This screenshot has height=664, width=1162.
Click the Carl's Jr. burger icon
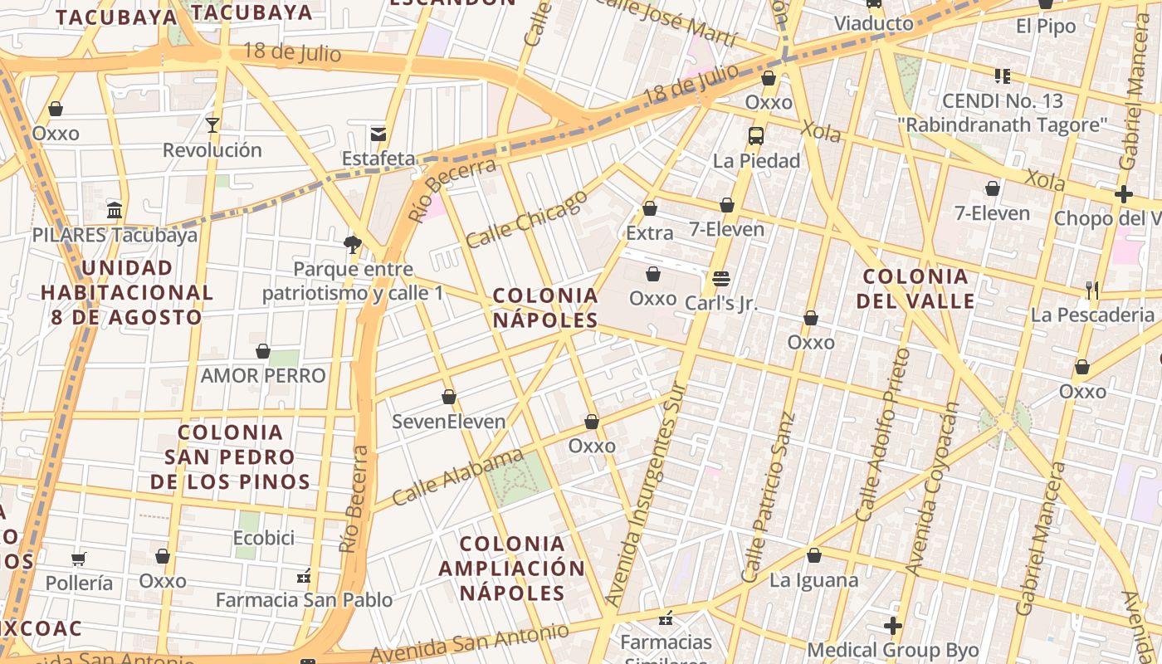[x=720, y=278]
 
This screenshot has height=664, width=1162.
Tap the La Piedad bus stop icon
[x=756, y=136]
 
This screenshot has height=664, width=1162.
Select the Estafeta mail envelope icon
[x=378, y=134]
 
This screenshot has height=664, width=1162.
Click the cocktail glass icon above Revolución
[x=212, y=125]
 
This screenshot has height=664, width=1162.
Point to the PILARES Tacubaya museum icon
[x=115, y=210]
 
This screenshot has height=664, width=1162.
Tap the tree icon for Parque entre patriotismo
[x=353, y=244]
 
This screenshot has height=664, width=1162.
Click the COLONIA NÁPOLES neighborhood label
[x=545, y=308]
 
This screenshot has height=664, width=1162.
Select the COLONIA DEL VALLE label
[x=915, y=288]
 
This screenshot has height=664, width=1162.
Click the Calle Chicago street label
[x=526, y=219]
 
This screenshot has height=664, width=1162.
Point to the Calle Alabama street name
[x=457, y=477]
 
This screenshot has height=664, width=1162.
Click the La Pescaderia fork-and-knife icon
[x=1092, y=290]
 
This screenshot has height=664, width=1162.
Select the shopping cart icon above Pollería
[x=78, y=559]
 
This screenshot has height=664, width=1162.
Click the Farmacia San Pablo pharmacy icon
[x=304, y=575]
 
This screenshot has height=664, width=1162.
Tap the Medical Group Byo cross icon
[x=893, y=625]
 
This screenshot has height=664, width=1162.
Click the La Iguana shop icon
[x=814, y=555]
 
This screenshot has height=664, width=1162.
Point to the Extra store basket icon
[x=650, y=208]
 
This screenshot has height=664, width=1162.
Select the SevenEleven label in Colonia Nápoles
[x=448, y=422]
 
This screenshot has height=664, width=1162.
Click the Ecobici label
[x=264, y=538]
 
